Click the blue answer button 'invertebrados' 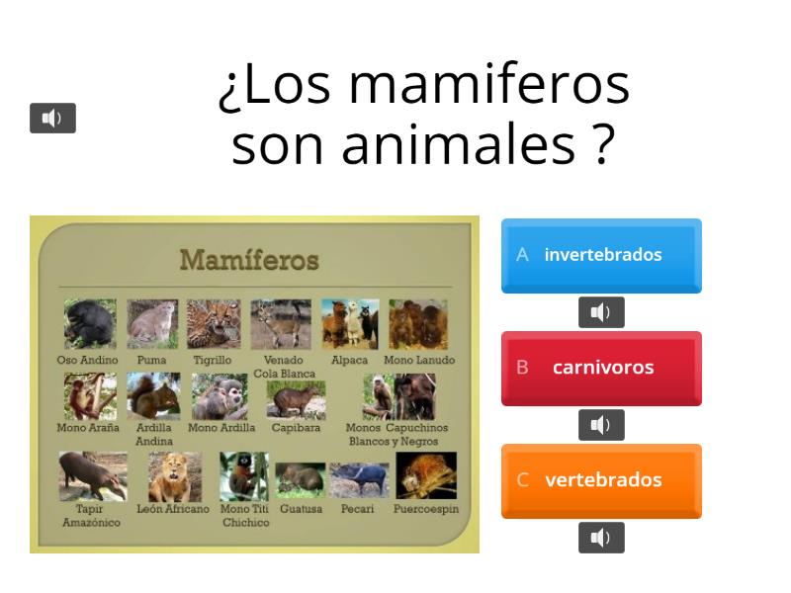(601, 255)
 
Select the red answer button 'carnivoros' (601, 368)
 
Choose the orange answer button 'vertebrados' (601, 480)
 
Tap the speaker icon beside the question (52, 119)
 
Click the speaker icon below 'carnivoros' (601, 425)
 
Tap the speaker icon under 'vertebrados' (601, 538)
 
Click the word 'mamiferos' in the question (488, 85)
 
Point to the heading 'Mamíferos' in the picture (249, 260)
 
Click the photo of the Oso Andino (90, 324)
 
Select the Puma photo (152, 324)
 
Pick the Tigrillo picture (214, 324)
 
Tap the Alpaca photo (349, 324)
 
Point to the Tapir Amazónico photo (92, 476)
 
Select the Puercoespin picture (426, 475)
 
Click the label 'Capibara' (296, 428)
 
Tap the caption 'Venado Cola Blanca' (284, 367)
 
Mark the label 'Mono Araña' (88, 428)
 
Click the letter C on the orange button (522, 480)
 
